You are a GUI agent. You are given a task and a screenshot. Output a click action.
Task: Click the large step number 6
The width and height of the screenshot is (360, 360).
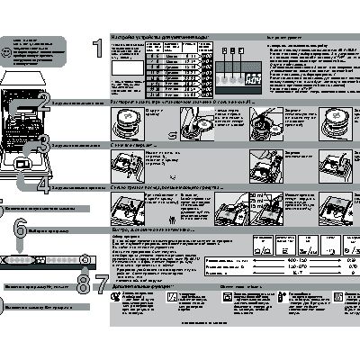click(19, 230)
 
